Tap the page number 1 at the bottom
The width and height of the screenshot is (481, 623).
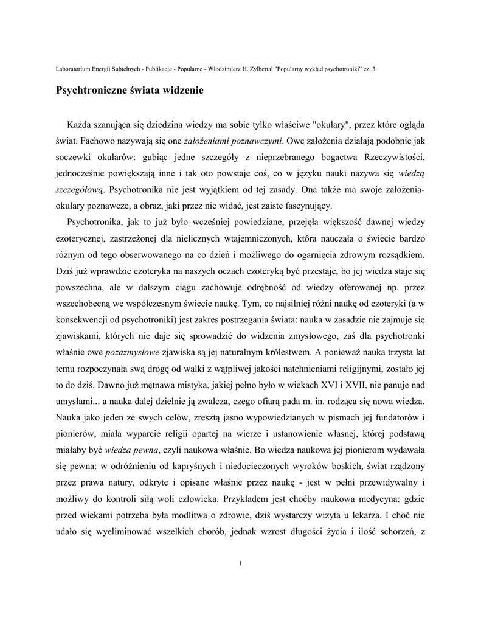[241, 562]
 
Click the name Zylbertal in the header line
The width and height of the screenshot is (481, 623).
[261, 69]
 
